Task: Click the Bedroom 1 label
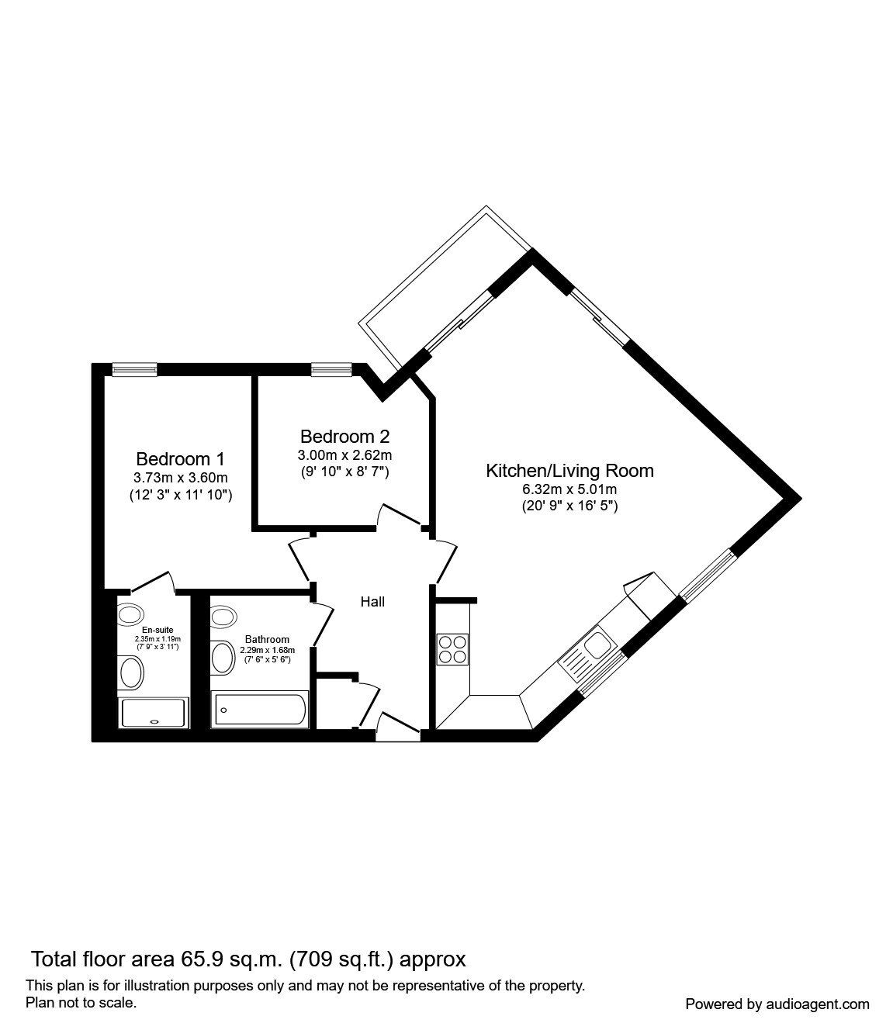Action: click(180, 458)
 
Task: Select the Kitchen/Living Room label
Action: click(569, 470)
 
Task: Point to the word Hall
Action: click(372, 601)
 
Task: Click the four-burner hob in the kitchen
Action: click(452, 649)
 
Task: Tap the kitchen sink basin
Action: click(599, 643)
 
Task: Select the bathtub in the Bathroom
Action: click(261, 709)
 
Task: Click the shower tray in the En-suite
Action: click(154, 713)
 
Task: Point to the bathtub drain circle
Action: click(223, 708)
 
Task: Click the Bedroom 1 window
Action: click(134, 370)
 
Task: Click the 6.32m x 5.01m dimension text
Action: click(569, 489)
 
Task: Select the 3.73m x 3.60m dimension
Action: click(180, 477)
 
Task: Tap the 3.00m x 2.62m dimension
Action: click(344, 455)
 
